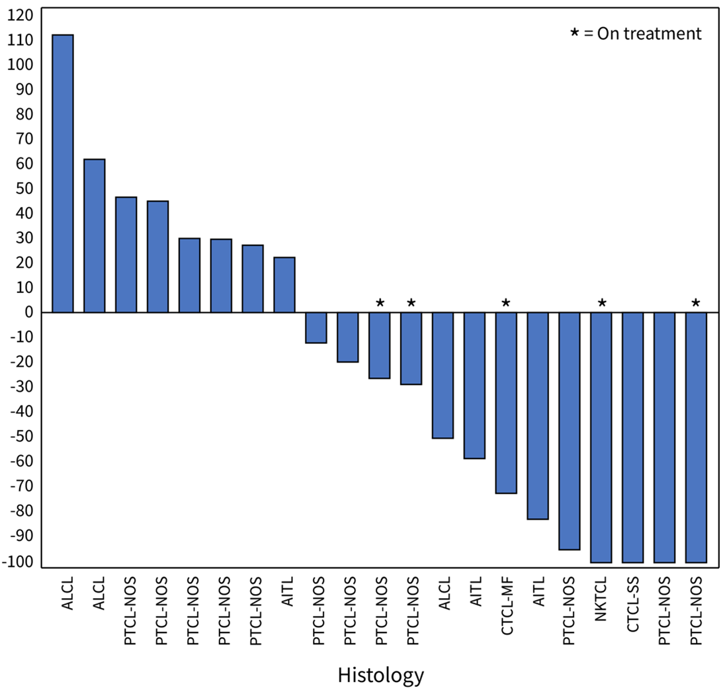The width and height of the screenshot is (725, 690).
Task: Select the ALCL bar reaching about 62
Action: pyautogui.click(x=95, y=236)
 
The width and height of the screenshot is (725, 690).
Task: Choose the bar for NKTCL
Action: pyautogui.click(x=601, y=437)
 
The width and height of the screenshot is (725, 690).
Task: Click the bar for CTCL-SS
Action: pyautogui.click(x=633, y=437)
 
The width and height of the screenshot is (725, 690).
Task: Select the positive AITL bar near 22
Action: pyautogui.click(x=284, y=284)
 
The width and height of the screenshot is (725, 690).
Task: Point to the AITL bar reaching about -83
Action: pyautogui.click(x=538, y=415)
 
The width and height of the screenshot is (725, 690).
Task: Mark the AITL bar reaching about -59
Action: pyautogui.click(x=474, y=385)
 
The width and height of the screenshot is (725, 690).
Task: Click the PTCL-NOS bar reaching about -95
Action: pyautogui.click(x=570, y=431)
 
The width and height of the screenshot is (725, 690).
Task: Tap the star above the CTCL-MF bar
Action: pyautogui.click(x=506, y=303)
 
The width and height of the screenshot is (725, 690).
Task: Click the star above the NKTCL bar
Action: pyautogui.click(x=601, y=303)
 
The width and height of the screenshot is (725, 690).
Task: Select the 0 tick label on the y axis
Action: pyautogui.click(x=29, y=312)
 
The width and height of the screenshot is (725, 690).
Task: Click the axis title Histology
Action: pyautogui.click(x=380, y=675)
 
